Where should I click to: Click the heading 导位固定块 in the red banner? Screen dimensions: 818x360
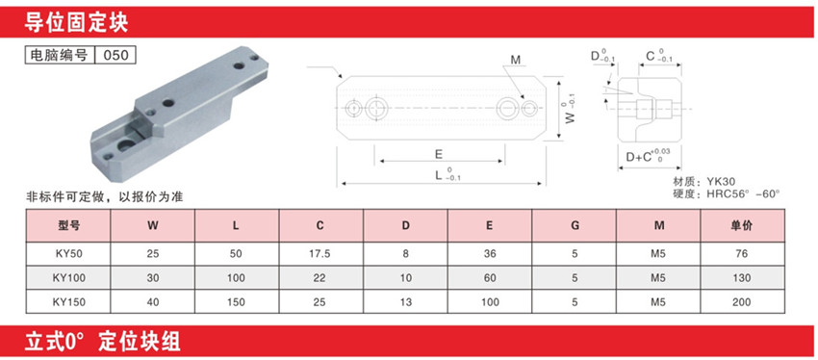click(76, 23)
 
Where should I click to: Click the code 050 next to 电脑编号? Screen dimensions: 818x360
click(115, 55)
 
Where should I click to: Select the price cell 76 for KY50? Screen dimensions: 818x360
click(742, 254)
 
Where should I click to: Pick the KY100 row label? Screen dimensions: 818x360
click(68, 278)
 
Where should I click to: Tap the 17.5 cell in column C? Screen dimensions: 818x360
click(320, 254)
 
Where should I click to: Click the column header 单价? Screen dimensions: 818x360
click(742, 226)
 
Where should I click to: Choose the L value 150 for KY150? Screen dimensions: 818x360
click(237, 302)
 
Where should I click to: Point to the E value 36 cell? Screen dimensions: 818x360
click(489, 254)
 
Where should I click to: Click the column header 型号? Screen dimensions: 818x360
click(68, 226)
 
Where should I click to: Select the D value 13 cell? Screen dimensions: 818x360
click(405, 302)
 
